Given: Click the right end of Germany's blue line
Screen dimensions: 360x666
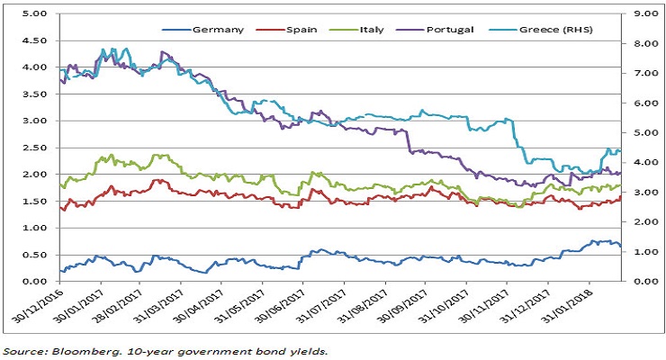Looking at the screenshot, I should tap(620, 246).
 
